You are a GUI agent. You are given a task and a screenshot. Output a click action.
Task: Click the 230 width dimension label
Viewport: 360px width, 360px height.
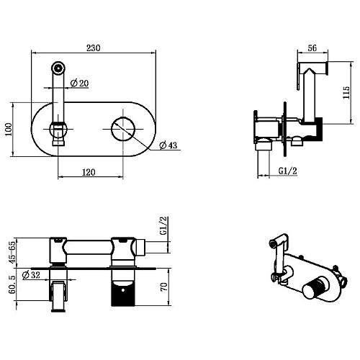pos(94,48)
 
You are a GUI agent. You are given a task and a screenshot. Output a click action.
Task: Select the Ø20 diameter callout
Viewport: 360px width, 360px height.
pos(79,84)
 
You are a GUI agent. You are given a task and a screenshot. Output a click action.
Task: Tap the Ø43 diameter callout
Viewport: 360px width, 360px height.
pos(168,145)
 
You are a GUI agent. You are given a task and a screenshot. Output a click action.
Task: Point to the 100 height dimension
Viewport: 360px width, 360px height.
pos(9,130)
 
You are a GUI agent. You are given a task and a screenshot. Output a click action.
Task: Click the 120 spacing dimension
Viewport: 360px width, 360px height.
pos(89,172)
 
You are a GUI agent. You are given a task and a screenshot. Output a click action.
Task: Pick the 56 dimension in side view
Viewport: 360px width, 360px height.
pos(312,48)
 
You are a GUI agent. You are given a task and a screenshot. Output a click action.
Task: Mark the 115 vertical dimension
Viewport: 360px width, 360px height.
pos(346,92)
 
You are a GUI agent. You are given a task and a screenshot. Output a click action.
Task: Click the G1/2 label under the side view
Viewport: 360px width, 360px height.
pos(287,171)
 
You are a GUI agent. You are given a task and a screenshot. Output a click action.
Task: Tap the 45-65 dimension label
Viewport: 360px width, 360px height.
pos(12,252)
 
